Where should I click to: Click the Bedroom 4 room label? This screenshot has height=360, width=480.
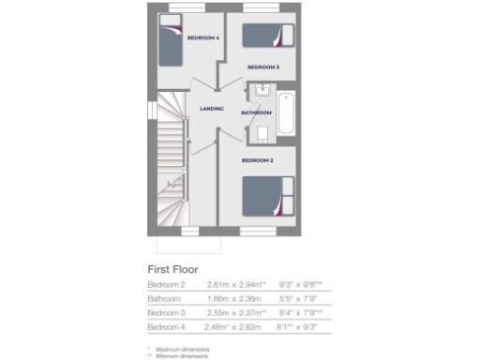click(202, 37)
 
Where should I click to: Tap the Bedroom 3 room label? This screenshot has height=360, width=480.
click(263, 67)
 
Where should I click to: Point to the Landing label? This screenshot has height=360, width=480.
click(212, 110)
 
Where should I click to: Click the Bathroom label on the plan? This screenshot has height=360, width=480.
click(256, 112)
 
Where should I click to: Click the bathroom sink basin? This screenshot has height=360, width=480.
click(261, 91)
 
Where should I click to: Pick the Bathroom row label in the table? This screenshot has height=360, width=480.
click(164, 298)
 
